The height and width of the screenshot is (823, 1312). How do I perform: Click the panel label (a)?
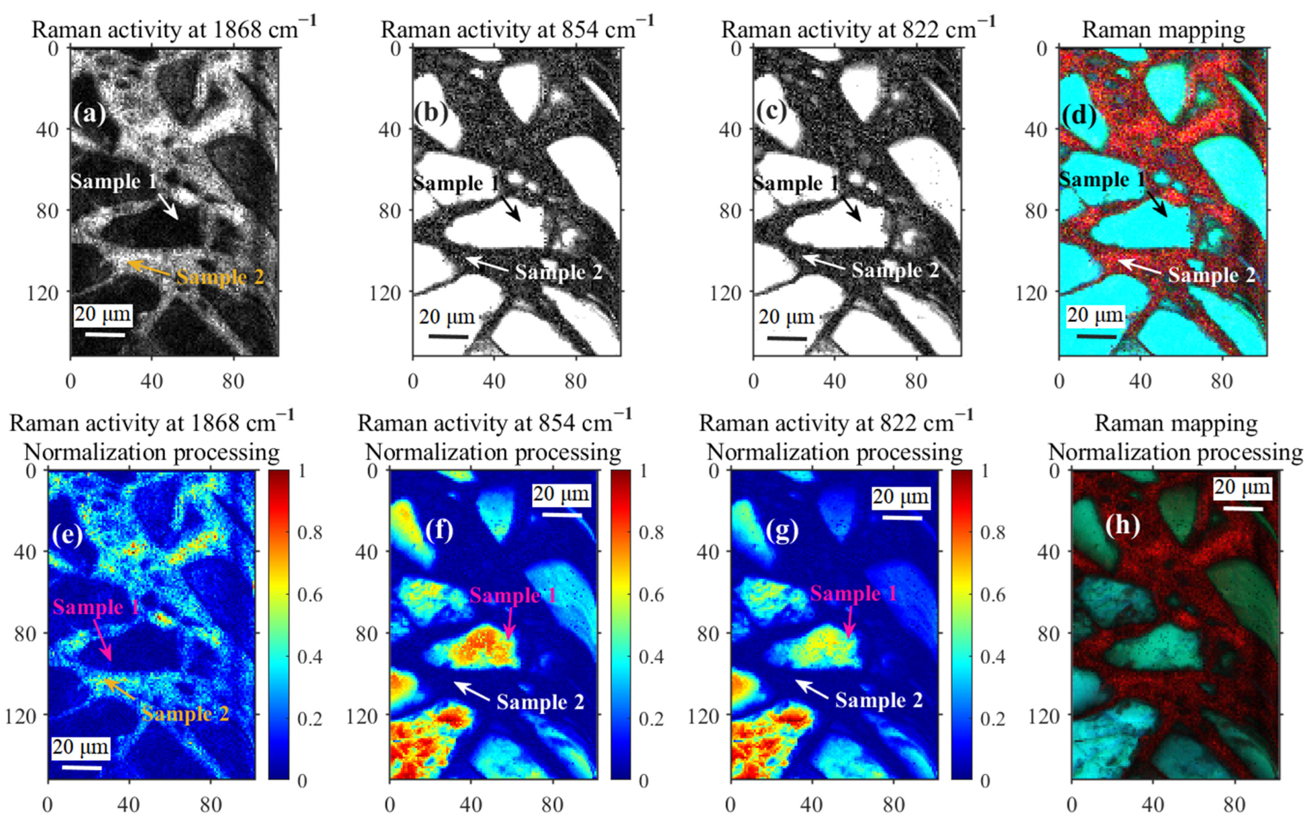click(x=90, y=114)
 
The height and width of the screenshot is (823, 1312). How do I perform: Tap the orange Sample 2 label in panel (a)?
click(x=220, y=277)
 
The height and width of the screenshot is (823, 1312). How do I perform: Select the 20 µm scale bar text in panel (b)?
click(x=447, y=317)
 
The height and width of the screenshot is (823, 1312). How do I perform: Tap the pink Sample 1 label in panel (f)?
click(x=512, y=596)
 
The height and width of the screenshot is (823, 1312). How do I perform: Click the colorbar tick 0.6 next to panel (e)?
click(x=310, y=594)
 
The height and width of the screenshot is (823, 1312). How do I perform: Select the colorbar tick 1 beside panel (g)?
click(x=984, y=470)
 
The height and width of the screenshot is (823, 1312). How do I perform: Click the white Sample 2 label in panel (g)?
click(x=879, y=700)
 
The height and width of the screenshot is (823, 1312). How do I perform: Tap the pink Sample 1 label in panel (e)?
click(x=96, y=607)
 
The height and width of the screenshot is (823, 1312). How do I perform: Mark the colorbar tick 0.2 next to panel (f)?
click(x=651, y=719)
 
